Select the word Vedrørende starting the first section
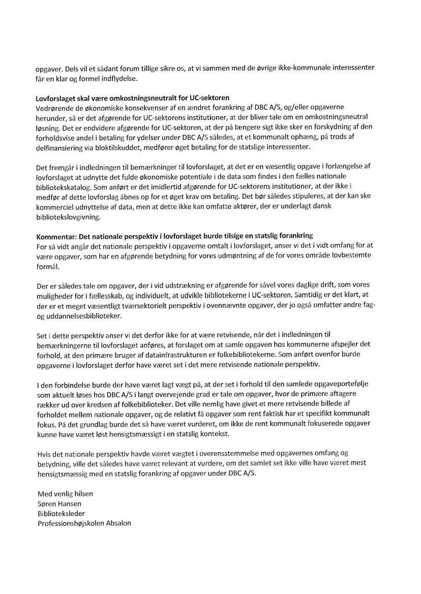click(56, 108)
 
